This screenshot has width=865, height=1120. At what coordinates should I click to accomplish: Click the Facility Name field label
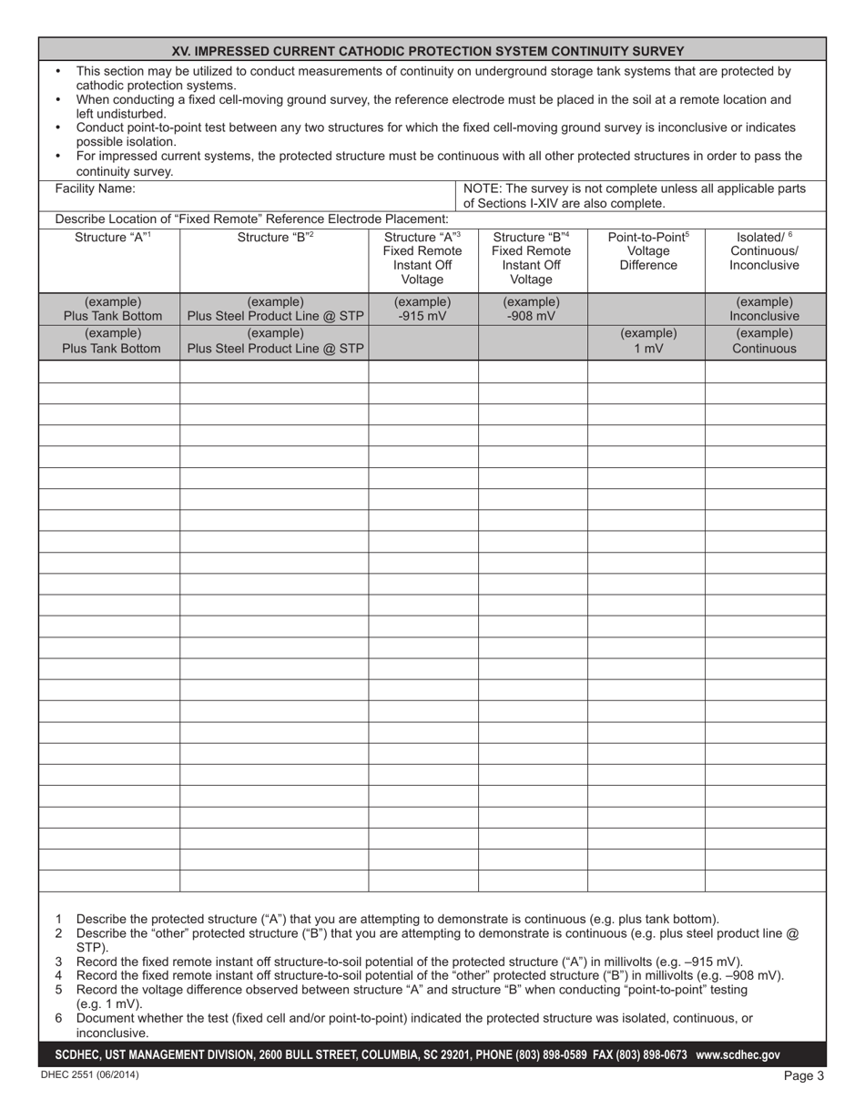tap(96, 189)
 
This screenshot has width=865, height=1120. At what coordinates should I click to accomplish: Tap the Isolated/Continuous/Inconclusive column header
tap(765, 251)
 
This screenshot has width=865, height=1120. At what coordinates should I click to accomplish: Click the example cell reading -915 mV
tap(422, 310)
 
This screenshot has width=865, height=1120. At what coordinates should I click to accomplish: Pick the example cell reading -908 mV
tap(532, 310)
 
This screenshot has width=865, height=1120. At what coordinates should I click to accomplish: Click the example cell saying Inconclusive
tap(764, 310)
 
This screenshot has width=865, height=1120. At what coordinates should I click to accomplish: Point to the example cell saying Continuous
tap(764, 341)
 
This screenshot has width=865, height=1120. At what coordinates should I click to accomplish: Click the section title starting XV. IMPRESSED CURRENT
tap(433, 51)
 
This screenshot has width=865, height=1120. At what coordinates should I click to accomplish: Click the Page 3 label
tap(804, 1076)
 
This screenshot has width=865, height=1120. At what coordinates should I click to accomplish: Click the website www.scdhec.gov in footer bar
tap(738, 1055)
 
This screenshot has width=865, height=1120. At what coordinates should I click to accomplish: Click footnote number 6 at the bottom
tap(59, 1018)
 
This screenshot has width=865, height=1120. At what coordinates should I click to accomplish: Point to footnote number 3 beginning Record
tap(59, 962)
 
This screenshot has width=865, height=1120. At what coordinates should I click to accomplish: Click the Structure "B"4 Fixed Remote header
tap(532, 259)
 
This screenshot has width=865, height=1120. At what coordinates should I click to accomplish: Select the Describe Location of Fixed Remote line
tap(252, 219)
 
